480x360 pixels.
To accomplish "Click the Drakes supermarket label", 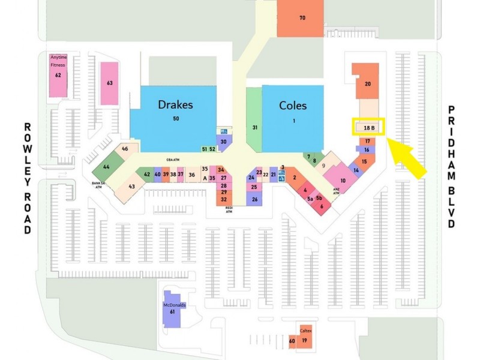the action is point(175,104).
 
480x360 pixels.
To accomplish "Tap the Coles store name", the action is point(293,106).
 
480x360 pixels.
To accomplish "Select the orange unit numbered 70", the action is point(301,18).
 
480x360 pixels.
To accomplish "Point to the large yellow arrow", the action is point(407,158).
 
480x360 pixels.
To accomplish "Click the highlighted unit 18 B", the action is point(368,127).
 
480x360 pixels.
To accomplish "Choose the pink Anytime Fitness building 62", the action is point(58,76).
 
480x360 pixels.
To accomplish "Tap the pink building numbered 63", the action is point(110,83).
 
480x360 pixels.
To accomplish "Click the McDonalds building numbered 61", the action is point(172,309).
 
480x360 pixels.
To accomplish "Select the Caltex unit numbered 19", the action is point(305,337).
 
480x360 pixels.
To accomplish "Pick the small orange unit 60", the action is point(292,341).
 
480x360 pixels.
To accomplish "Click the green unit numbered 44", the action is point(106,166).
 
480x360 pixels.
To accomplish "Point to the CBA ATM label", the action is point(173,160).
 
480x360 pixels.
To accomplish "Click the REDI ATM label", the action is point(229,209).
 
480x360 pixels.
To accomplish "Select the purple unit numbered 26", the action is point(254,199).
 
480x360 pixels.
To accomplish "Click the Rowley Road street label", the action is point(28,179).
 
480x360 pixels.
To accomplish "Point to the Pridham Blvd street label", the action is point(452,167).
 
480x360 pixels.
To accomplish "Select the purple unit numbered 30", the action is point(223,142).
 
